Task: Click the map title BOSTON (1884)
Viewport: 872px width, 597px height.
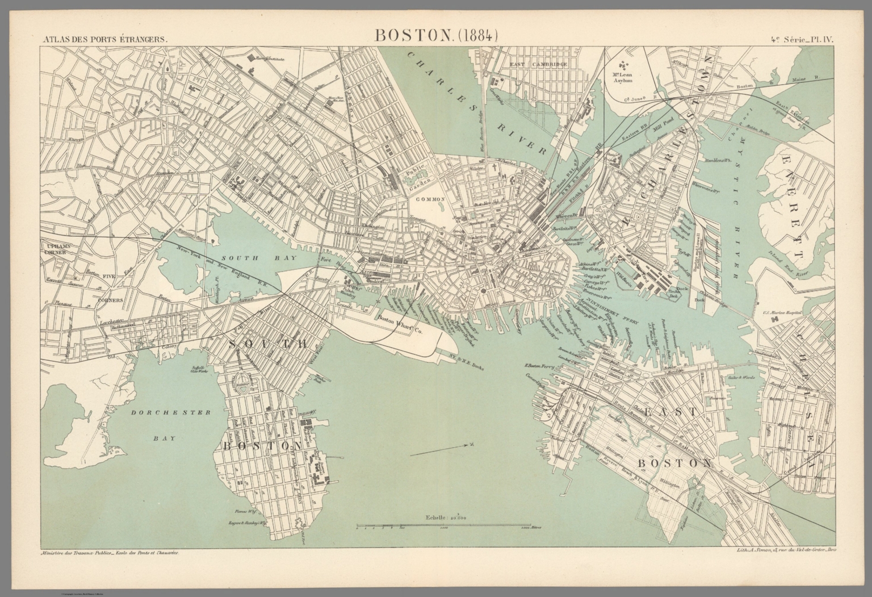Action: tap(435, 35)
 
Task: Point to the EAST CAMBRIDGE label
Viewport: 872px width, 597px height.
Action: tap(531, 65)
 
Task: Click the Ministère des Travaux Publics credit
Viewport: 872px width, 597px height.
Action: tap(108, 552)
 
